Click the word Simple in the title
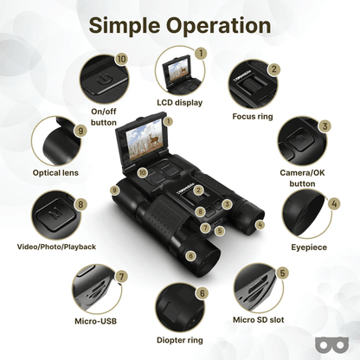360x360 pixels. coord(125,26)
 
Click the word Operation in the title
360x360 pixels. coord(219,26)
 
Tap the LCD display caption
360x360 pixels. coord(180,103)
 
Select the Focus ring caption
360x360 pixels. coord(253,117)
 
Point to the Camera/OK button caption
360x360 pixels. coord(302,178)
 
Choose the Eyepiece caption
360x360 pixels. coord(309,247)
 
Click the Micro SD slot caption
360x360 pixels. coord(259,319)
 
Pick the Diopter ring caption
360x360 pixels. coord(180,340)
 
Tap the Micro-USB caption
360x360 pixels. coord(96,321)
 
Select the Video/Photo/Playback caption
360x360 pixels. coord(56,247)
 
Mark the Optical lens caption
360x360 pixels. coord(55,173)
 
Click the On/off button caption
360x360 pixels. coord(104,117)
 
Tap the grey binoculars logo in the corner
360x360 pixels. coord(331,344)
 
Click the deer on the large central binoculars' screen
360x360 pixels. coord(154,138)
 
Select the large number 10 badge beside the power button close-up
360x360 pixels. coord(121,60)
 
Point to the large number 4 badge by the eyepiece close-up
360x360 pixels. coord(334,203)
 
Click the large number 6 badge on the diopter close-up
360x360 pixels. coord(202,293)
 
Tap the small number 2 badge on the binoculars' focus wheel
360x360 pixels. coord(198,190)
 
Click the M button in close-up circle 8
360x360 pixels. coord(55,214)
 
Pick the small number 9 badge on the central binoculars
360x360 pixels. coord(115,190)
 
